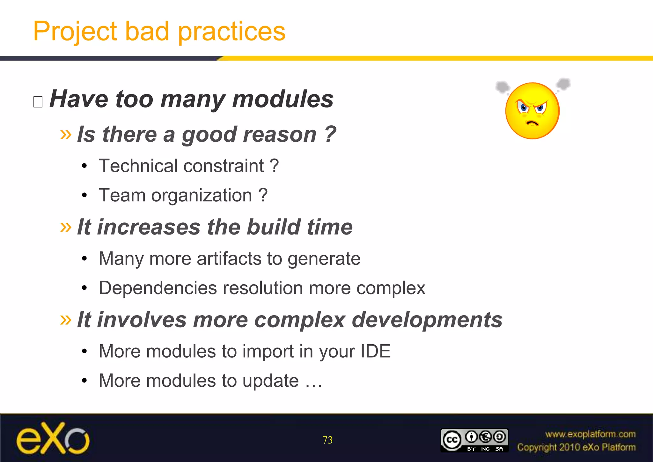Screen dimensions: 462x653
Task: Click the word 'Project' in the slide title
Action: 75,32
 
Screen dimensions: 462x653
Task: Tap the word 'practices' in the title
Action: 231,32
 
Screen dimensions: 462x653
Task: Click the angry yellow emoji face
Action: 532,110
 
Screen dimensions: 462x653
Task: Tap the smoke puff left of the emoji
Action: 503,87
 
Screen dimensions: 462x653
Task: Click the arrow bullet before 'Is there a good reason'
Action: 66,135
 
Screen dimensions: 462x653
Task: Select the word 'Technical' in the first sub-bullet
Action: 138,166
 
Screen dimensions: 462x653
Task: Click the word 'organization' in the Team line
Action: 202,196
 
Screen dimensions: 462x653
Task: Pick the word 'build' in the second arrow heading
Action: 274,227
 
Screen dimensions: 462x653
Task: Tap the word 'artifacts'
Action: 229,259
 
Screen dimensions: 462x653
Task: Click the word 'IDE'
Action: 375,351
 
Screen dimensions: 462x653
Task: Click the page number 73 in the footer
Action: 327,440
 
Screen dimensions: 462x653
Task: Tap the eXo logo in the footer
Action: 53,438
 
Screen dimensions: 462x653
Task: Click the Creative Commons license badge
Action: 474,440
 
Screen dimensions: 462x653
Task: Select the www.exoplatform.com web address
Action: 590,434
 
